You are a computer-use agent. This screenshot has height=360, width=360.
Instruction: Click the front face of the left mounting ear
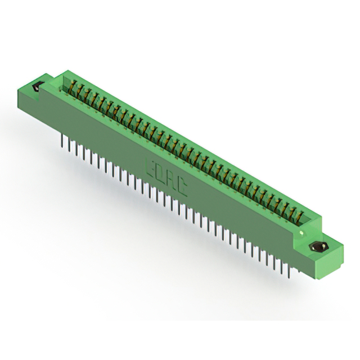34,100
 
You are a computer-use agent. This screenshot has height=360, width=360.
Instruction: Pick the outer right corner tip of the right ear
343,242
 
